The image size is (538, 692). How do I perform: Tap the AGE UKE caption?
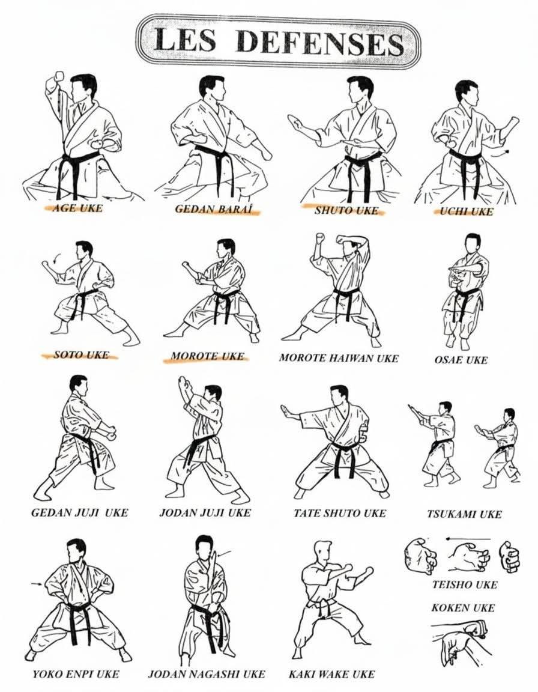tap(77, 208)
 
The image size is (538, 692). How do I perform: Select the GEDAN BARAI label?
tap(213, 209)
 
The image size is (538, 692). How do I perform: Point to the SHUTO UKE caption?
tap(346, 210)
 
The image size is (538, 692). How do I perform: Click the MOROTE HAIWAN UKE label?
tap(338, 358)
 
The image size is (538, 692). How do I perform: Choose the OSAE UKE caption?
tap(461, 360)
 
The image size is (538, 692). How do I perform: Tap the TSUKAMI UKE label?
tap(464, 514)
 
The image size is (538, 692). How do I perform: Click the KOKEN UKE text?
tap(462, 608)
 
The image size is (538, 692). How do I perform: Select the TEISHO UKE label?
tap(464, 584)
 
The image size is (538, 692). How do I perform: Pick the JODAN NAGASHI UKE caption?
tap(207, 674)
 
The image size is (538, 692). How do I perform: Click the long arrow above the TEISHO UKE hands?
tap(467, 539)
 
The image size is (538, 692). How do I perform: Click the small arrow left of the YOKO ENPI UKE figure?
tap(37, 584)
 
